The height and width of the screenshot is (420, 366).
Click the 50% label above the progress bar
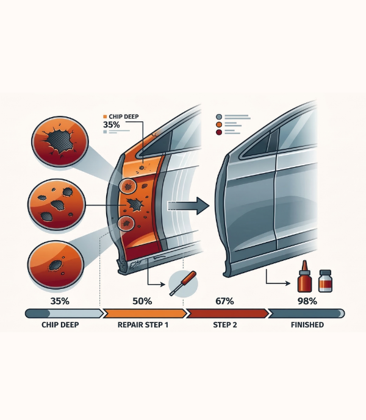point(142,301)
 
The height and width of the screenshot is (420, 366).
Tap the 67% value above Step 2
point(224,301)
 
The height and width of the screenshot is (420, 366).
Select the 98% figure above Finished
point(307,301)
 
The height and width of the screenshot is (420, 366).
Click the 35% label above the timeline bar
point(60,301)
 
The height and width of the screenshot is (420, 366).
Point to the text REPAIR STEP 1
point(143,325)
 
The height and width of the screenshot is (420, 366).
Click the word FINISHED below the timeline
point(307,325)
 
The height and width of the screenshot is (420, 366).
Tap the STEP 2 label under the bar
point(225,325)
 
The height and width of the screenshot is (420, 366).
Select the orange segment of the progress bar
point(145,313)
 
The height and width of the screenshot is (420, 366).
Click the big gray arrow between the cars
point(188,205)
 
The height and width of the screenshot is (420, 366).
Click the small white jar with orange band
point(325,281)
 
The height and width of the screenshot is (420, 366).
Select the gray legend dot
point(219,117)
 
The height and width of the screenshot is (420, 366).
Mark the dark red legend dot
point(219,132)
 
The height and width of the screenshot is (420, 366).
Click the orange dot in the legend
point(219,124)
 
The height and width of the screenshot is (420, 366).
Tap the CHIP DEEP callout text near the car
point(124,116)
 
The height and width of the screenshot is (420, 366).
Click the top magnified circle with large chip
point(60,141)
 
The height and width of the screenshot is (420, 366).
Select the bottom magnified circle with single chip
point(56,265)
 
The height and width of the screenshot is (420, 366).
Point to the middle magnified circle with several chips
point(57,204)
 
